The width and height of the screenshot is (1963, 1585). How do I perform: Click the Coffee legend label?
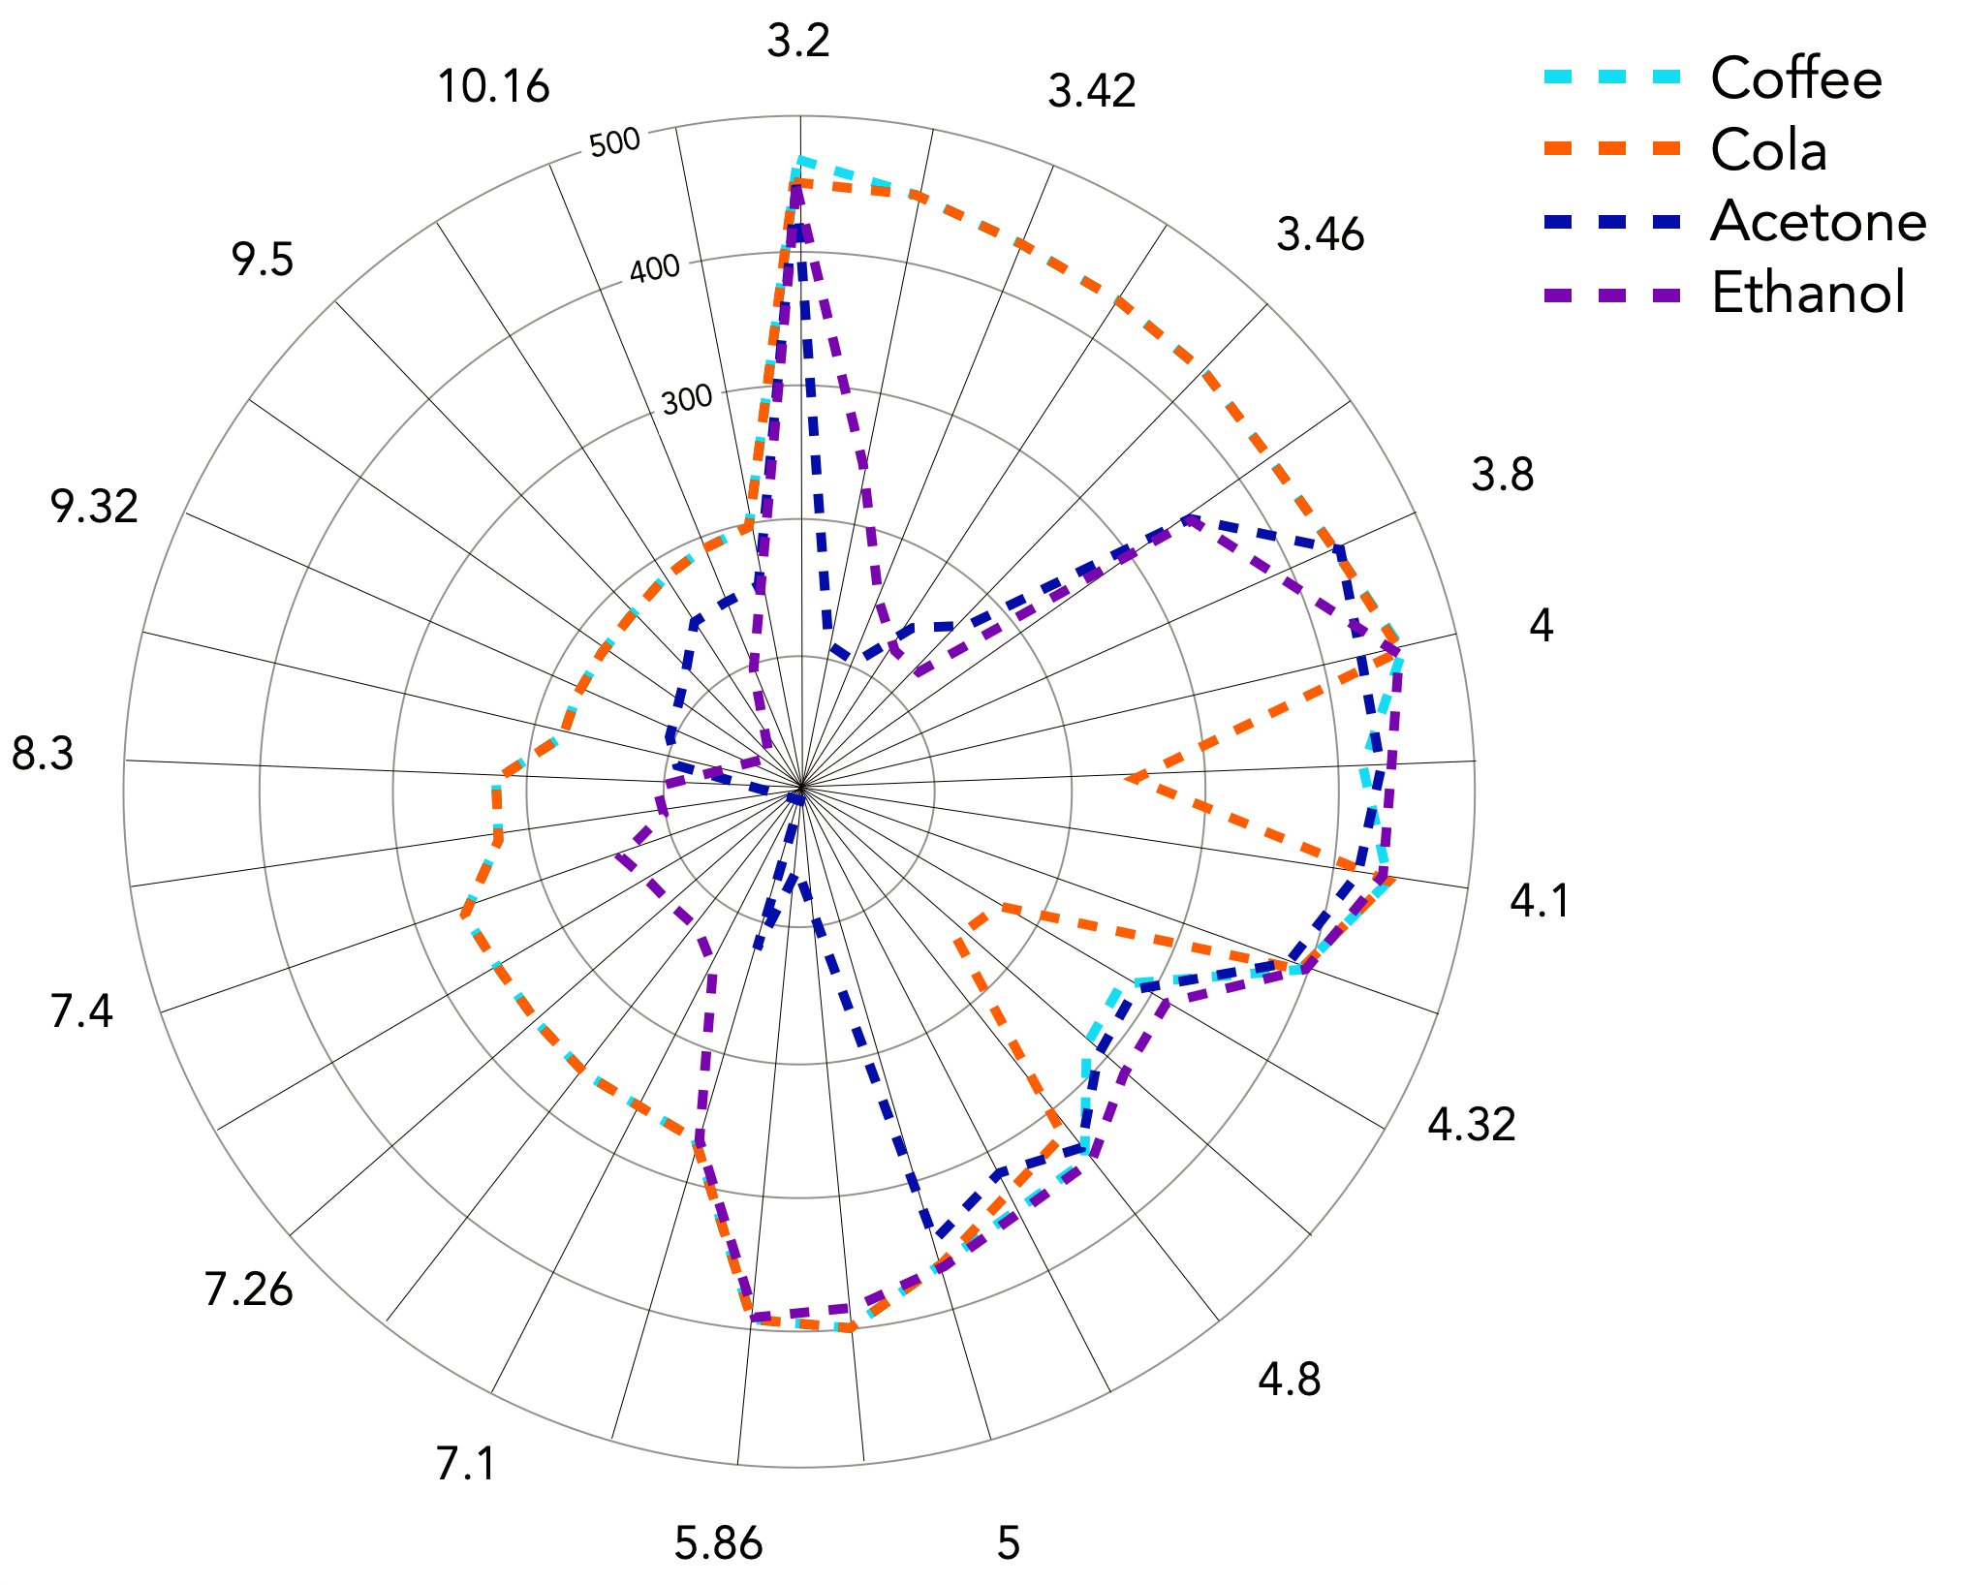click(x=1795, y=78)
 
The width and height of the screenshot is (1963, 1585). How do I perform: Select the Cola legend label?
click(x=1768, y=151)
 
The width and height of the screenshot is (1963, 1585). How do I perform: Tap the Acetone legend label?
click(x=1818, y=222)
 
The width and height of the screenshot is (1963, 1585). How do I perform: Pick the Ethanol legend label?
click(x=1808, y=293)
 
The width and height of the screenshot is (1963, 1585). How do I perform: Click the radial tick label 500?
click(x=614, y=143)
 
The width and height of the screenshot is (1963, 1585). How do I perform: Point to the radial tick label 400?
click(x=655, y=269)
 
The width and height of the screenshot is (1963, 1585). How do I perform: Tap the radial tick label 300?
click(x=687, y=398)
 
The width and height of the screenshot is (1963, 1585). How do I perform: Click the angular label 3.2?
click(x=798, y=42)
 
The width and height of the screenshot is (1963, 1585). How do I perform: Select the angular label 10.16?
click(x=494, y=87)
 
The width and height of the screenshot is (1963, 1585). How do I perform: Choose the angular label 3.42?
click(x=1092, y=92)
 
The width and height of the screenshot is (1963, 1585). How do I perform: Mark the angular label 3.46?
click(x=1320, y=235)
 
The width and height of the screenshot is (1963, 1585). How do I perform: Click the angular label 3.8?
click(x=1502, y=476)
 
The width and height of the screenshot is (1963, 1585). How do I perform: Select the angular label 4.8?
click(x=1289, y=1380)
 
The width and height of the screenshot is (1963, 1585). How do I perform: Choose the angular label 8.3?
click(x=43, y=754)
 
